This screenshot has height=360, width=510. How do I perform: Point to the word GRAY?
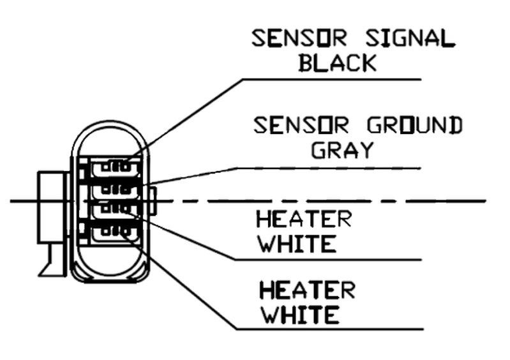(341, 149)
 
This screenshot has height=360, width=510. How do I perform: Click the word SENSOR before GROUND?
(299, 125)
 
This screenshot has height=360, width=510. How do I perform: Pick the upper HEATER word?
(303, 220)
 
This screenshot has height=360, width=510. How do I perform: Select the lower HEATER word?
(306, 291)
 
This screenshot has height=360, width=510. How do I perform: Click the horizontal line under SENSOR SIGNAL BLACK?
(332, 80)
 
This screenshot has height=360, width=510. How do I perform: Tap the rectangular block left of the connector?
(51, 207)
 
